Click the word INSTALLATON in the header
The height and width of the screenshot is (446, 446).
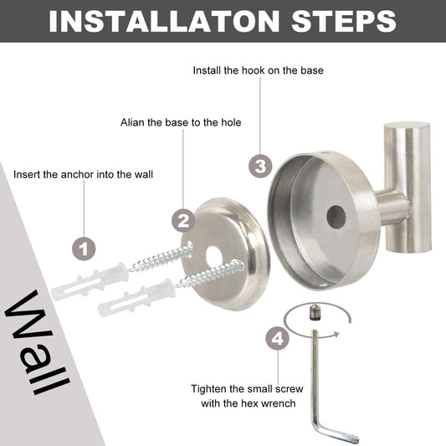164,21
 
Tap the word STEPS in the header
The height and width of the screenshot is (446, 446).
344,21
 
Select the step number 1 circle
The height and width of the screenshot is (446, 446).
84,249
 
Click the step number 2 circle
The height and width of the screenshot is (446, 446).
183,220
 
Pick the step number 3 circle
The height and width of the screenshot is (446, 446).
260,167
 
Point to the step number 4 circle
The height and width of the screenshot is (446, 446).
278,339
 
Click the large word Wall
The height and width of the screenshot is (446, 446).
37,343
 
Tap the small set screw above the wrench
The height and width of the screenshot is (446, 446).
314,313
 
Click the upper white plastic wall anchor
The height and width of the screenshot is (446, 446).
90,282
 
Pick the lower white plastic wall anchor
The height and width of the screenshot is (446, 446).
137,298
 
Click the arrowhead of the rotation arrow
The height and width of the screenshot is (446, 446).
336,334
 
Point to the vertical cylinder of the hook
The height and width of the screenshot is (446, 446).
407,187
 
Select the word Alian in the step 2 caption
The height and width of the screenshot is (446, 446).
132,123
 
